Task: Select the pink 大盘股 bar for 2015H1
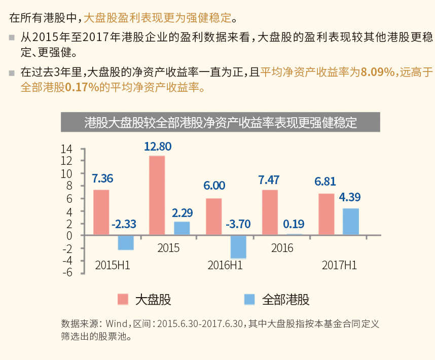101,212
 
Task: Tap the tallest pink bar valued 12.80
157,195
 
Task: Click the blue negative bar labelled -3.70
238,247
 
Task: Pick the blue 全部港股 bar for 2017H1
351,222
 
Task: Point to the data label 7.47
269,179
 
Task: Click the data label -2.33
124,224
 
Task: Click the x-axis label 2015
168,248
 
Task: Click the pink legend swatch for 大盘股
123,299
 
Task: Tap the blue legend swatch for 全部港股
249,299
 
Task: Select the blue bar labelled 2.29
182,228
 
